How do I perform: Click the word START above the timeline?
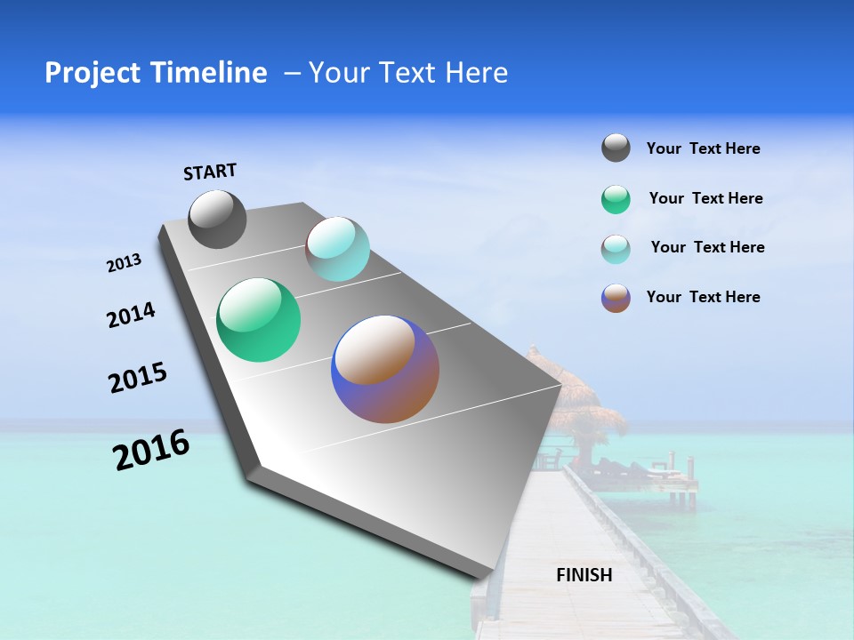[210, 172]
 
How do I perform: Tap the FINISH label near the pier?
[584, 575]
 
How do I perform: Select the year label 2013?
[124, 263]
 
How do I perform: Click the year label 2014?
[131, 315]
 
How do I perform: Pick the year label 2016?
[151, 450]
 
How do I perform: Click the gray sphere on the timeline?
[217, 220]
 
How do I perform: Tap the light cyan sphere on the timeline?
[337, 249]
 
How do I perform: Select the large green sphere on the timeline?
[258, 320]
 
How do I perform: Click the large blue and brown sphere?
[385, 369]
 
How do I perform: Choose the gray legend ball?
[616, 148]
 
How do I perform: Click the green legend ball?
[616, 199]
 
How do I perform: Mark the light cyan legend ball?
[616, 248]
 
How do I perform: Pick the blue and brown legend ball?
[616, 298]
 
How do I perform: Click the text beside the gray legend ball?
[703, 148]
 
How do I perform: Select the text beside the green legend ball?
[705, 198]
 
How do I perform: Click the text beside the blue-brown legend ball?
[703, 297]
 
